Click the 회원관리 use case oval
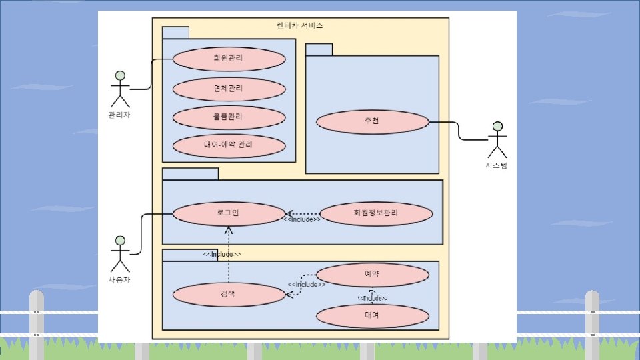[x=229, y=59]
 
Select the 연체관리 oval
[x=229, y=89]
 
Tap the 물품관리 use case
[x=229, y=117]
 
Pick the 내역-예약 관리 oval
[x=229, y=145]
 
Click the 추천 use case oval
[x=372, y=121]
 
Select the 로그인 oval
[x=229, y=213]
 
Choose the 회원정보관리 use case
[x=376, y=213]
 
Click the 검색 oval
[x=229, y=295]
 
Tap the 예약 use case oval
[x=372, y=275]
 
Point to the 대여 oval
[x=372, y=316]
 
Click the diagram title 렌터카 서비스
[x=299, y=25]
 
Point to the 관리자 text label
[x=119, y=115]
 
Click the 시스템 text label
[x=496, y=166]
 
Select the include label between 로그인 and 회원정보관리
[x=302, y=219]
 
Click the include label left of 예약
[x=306, y=285]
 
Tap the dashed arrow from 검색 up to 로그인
[x=229, y=260]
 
